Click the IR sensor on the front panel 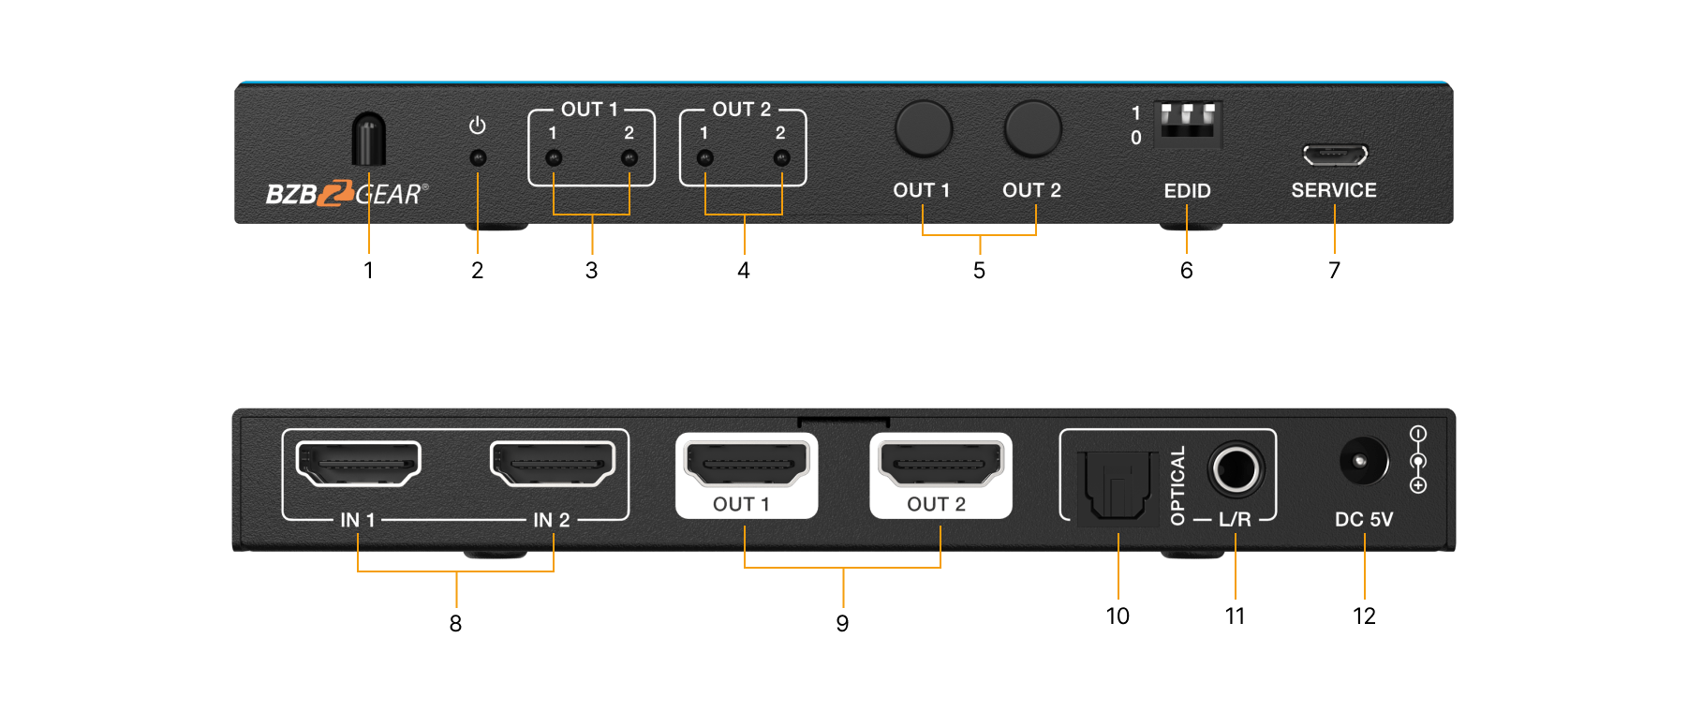(x=368, y=140)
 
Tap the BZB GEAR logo (x=347, y=193)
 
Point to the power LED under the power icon (x=478, y=158)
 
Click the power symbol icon (x=478, y=126)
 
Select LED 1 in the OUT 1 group (x=554, y=158)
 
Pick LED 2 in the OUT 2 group (x=781, y=158)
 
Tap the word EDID (x=1187, y=191)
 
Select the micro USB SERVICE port (x=1335, y=154)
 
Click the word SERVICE (x=1334, y=190)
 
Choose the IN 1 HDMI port (x=358, y=464)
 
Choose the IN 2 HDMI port (x=553, y=464)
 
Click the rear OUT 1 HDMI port (x=747, y=464)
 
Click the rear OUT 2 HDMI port (x=940, y=464)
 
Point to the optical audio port (x=1117, y=484)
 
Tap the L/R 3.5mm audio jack (x=1236, y=468)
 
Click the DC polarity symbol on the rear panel (x=1418, y=460)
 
